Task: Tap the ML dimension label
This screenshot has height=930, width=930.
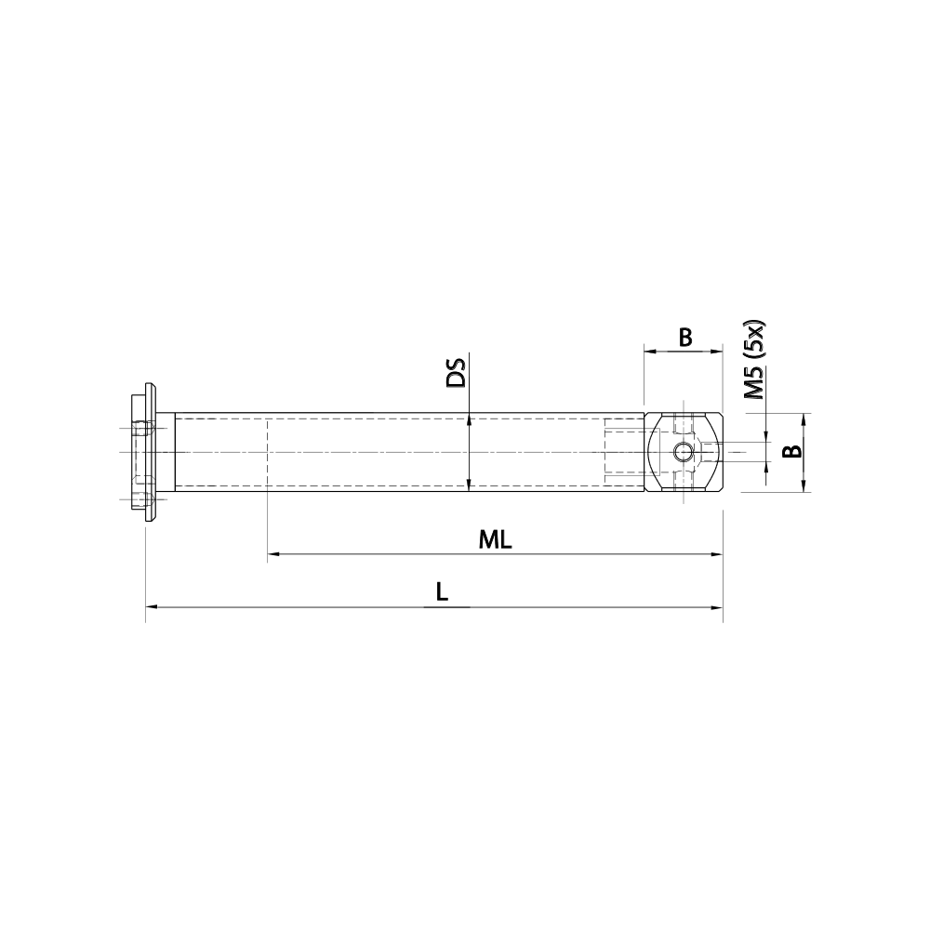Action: (496, 539)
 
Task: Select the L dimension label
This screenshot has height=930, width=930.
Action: (442, 591)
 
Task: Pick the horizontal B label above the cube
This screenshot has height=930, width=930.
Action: (684, 337)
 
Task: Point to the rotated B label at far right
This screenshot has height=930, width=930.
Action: (790, 452)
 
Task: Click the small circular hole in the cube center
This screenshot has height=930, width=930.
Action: (684, 452)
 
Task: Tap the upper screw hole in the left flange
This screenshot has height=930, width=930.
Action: (142, 431)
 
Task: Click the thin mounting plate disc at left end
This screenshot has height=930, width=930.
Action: (148, 452)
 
